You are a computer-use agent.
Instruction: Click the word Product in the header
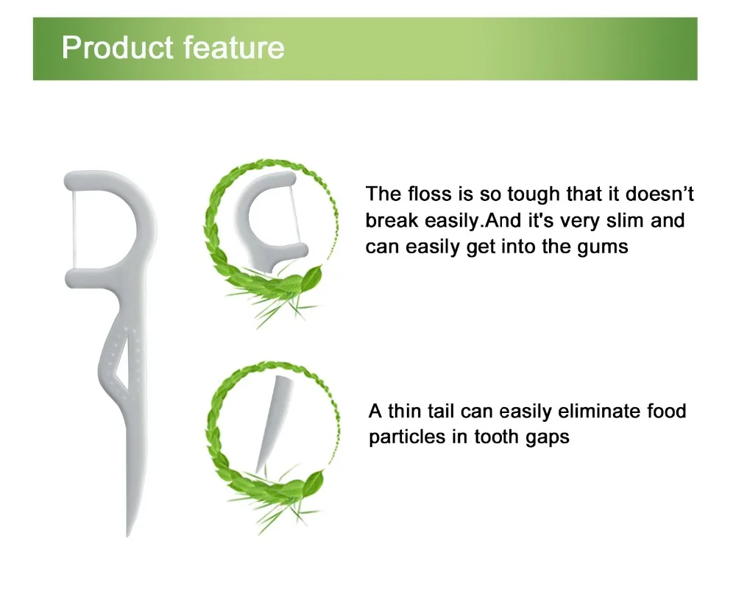point(117,47)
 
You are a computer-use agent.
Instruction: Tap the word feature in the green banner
point(234,47)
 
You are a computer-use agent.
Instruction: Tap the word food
point(667,411)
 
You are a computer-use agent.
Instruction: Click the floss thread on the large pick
point(74,230)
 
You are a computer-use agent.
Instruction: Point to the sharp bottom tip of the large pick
point(127,535)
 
